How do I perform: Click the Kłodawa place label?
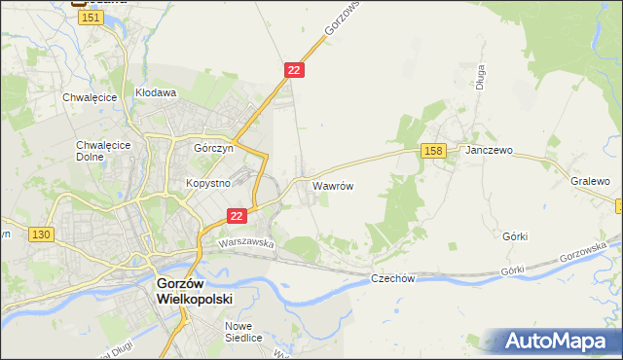(x=155, y=93)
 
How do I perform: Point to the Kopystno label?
(x=207, y=183)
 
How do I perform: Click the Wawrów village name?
(x=332, y=184)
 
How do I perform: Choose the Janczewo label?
(x=489, y=151)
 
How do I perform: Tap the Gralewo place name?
(x=590, y=181)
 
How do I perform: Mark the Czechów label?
(x=393, y=279)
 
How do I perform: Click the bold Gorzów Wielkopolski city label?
(x=195, y=291)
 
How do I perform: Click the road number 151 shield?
(x=92, y=18)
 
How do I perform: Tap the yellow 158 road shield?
(x=434, y=150)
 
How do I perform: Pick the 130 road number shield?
(x=41, y=234)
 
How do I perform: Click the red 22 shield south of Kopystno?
(x=236, y=216)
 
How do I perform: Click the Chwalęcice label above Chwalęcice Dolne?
(x=90, y=97)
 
